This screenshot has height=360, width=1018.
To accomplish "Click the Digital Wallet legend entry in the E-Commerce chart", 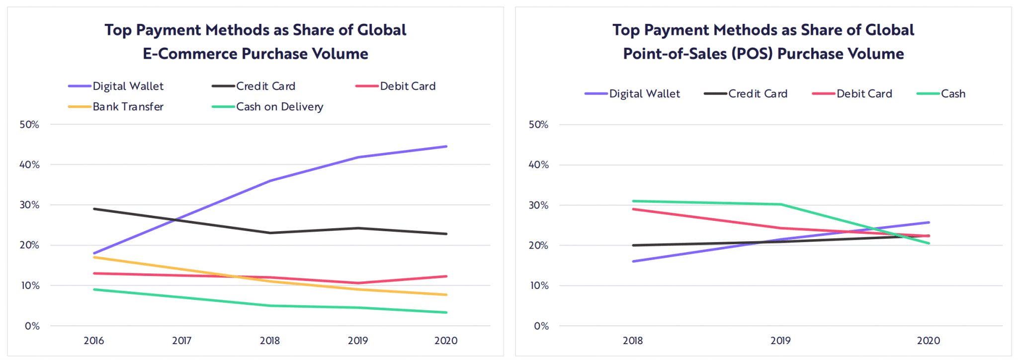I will tap(128, 86).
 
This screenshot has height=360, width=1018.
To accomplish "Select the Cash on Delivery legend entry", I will tap(279, 106).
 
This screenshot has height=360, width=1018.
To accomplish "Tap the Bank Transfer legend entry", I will tap(128, 106).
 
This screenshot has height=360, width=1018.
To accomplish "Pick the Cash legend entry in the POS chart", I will tap(953, 93).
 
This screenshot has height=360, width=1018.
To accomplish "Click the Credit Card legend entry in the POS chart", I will tap(758, 93).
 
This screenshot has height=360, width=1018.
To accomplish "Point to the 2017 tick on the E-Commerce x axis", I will tap(181, 341).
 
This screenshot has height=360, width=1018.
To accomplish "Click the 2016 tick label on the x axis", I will tap(93, 341).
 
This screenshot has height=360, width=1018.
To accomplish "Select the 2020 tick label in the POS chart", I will tap(928, 341).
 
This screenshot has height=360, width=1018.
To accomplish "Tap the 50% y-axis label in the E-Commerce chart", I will tap(29, 124).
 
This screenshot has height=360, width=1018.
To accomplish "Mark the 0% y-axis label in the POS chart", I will tap(541, 326).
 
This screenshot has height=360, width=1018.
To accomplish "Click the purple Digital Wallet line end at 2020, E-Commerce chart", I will tap(446, 147).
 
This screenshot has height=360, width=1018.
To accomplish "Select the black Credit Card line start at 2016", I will tap(94, 209).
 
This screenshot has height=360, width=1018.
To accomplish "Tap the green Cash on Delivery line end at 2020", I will tap(446, 312).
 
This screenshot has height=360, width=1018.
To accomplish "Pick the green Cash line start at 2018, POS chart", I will tap(633, 201).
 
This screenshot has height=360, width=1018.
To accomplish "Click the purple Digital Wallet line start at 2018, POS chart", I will tap(633, 261).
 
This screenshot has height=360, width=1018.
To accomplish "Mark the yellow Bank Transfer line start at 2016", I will tap(94, 257).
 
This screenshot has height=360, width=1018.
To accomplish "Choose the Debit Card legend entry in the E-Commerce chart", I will tap(408, 86).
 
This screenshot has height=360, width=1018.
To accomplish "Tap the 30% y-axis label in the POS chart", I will tap(538, 205).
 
